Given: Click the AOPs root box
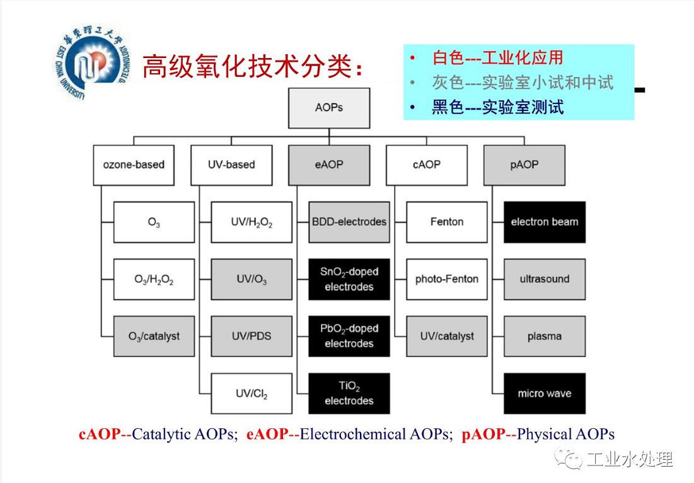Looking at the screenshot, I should [329, 108].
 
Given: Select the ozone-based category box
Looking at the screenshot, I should [134, 165].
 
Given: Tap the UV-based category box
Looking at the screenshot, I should [231, 165].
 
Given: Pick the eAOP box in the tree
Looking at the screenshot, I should [329, 165].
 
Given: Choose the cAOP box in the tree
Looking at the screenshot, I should [427, 165].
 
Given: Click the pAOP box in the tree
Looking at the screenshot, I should [524, 165].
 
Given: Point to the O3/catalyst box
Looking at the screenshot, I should [154, 336].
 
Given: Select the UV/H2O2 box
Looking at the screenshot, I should [252, 222].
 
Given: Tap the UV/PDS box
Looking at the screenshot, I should [252, 336].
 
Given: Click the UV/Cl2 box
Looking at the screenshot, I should [252, 393].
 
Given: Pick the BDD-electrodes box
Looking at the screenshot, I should [349, 222].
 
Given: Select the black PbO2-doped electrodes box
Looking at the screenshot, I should [349, 336].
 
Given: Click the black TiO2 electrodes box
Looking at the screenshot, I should [349, 393].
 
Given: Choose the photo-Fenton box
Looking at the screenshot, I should [447, 279].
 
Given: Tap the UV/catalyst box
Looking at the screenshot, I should [447, 336].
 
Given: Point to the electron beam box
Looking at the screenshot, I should [545, 222].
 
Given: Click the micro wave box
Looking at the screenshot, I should [545, 393].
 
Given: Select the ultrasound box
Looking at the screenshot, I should [545, 279].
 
